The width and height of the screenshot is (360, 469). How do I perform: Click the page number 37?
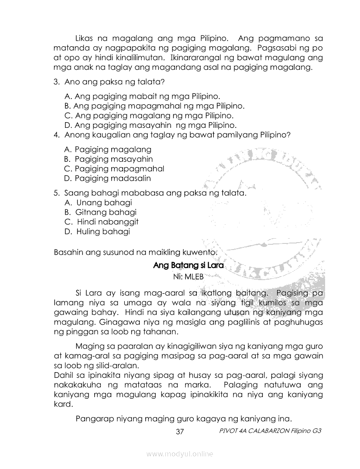click(179, 432)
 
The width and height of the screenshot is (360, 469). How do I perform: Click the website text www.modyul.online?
click(180, 454)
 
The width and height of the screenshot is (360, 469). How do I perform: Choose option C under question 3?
click(149, 116)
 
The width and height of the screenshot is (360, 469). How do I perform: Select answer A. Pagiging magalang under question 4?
click(107, 150)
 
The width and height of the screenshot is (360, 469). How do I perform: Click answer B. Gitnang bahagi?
click(100, 212)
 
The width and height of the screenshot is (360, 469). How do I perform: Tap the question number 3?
click(56, 82)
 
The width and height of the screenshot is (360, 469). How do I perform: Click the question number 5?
click(56, 192)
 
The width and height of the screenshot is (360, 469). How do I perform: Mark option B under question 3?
click(154, 106)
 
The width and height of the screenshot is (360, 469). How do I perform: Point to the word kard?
click(62, 404)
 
